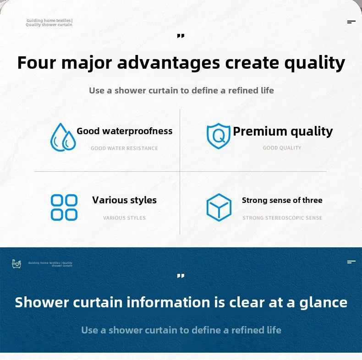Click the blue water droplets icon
coord(63,137)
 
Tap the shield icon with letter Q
coord(218,136)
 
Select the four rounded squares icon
coord(64,207)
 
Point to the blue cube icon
coord(219,207)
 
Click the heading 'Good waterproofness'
coord(125,131)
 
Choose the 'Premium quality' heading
coord(283,131)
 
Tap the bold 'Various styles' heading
coord(124,200)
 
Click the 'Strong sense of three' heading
coord(282,200)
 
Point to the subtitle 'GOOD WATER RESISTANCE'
coord(124,148)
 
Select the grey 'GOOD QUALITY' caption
coord(282,148)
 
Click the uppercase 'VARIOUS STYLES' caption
coord(124,218)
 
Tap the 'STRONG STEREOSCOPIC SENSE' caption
coord(282,218)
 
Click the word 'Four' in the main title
coord(36,63)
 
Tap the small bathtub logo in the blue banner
coord(16,263)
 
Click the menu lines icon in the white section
coord(351,22)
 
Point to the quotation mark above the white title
coord(181,36)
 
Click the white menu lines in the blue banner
coord(351,262)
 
